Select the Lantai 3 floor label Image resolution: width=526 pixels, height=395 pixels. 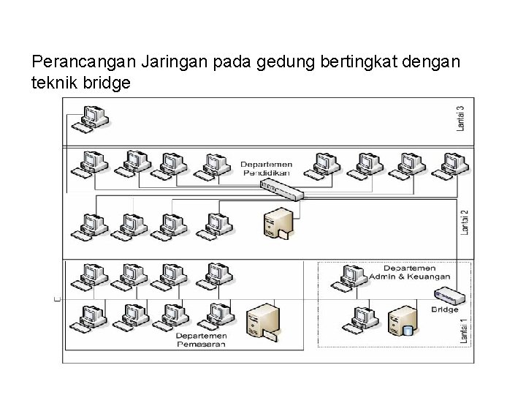click(460, 119)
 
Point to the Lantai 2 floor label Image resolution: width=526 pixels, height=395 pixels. click(465, 222)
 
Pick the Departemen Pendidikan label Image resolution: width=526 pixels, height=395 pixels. click(266, 169)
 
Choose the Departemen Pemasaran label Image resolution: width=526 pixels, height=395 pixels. click(201, 339)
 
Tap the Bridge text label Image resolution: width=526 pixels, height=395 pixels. click(444, 309)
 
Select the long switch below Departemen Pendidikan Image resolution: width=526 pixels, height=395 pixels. click(281, 189)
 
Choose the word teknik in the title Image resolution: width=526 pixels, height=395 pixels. click(56, 83)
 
